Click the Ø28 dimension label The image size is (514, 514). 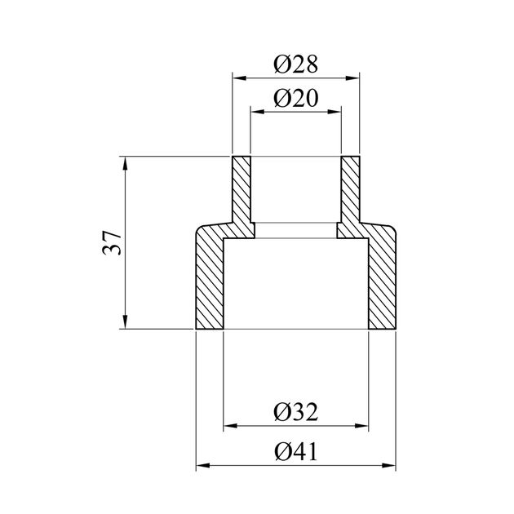295,64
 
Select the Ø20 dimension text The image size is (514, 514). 295,98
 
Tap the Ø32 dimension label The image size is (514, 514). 295,412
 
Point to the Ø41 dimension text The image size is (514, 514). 296,452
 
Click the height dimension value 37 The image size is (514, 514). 112,243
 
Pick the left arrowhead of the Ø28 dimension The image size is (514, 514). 239,78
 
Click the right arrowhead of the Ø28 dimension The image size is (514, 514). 352,78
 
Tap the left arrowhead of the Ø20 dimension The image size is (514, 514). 257,112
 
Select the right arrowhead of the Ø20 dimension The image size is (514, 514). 335,112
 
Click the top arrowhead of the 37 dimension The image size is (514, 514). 125,163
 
